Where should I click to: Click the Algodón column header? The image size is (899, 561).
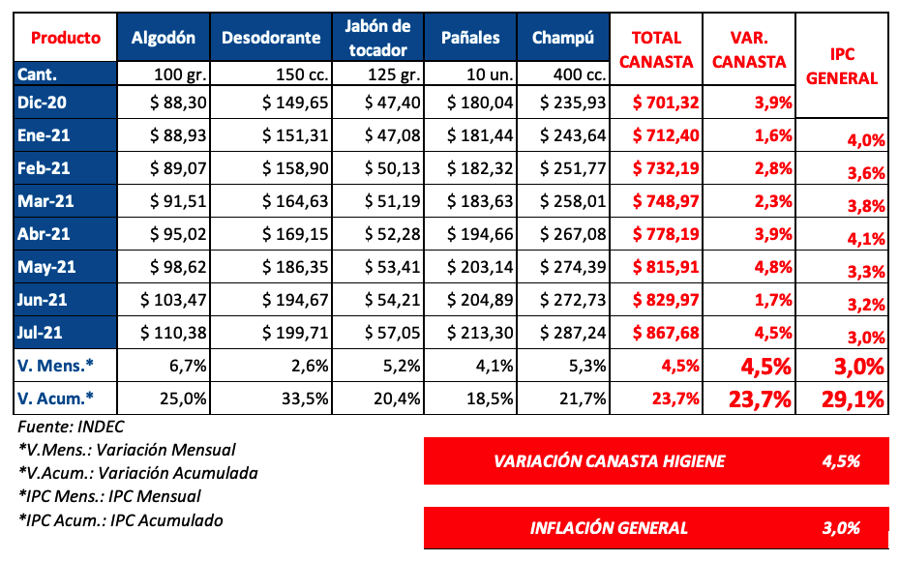(164, 38)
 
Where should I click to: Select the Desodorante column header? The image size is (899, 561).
(271, 38)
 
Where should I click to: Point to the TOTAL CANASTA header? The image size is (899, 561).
(663, 49)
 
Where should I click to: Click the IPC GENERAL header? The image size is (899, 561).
(841, 67)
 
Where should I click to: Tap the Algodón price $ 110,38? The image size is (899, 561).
(174, 333)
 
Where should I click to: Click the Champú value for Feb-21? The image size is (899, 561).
(572, 168)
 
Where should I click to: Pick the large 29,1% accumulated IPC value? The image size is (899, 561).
(848, 398)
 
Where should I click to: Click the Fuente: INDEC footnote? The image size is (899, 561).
(71, 427)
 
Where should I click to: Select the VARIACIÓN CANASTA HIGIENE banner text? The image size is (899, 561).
(610, 461)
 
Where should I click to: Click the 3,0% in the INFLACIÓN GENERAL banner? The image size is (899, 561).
(841, 527)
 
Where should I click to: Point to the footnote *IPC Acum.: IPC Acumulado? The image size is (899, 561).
(120, 520)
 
